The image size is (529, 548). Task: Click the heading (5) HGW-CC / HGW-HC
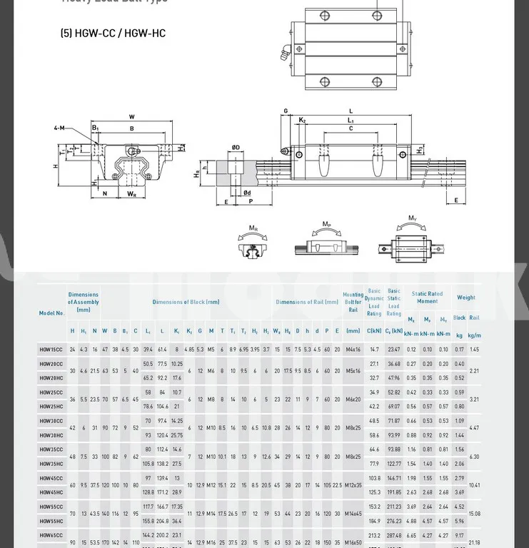point(113,34)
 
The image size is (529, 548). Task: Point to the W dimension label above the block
point(132,117)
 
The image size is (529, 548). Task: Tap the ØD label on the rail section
point(236,148)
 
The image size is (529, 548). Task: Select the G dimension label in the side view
point(286,111)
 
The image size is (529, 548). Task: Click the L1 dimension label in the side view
point(351,121)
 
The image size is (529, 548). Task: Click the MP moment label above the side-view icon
point(326,224)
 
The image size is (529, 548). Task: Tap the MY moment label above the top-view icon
point(413,218)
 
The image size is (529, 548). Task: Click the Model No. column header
point(52,313)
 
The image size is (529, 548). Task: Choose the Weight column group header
point(466,298)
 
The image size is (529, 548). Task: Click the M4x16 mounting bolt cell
point(353,350)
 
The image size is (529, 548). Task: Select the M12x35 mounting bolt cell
point(353,485)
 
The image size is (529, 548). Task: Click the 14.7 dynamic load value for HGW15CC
point(374,350)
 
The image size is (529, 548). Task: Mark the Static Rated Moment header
point(427,298)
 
